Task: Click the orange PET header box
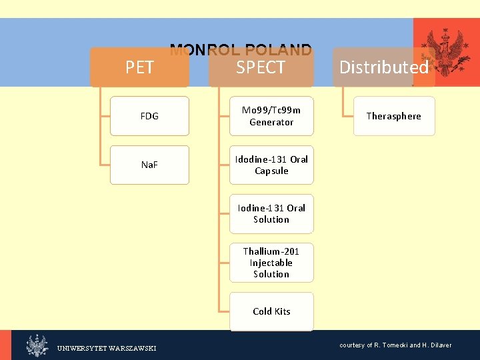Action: click(x=139, y=67)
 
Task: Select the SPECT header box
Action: click(x=261, y=67)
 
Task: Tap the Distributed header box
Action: click(x=383, y=67)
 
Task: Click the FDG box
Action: click(x=149, y=116)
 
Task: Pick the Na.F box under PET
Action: click(x=149, y=165)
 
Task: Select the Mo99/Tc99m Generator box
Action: click(x=271, y=116)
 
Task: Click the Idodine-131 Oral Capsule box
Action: click(x=271, y=165)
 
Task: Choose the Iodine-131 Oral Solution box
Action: click(x=271, y=213)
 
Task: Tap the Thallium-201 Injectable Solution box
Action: click(x=271, y=263)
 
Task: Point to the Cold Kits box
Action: click(x=271, y=311)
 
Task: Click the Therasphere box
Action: click(x=393, y=116)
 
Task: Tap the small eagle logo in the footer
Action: click(x=37, y=345)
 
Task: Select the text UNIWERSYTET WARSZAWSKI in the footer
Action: click(x=107, y=348)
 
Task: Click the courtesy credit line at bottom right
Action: click(x=395, y=345)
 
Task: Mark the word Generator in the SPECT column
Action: click(x=271, y=122)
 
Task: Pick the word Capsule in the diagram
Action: click(x=271, y=171)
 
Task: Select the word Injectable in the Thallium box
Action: click(x=271, y=263)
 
